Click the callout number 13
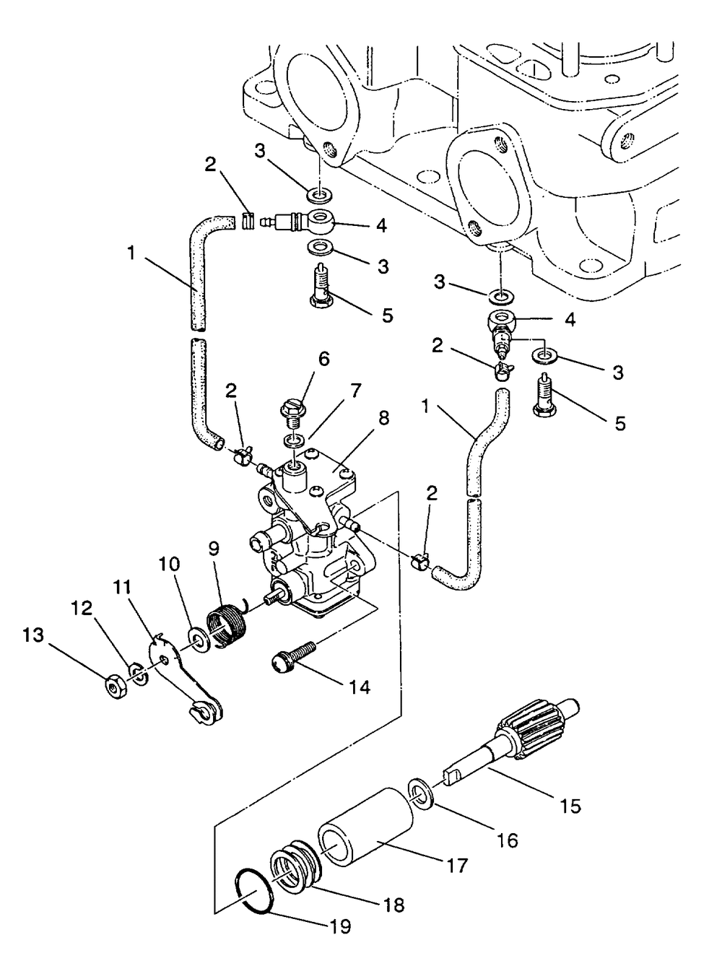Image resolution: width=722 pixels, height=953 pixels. (33, 635)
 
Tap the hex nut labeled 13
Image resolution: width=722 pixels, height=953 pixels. (116, 686)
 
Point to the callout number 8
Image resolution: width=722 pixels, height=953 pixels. (383, 419)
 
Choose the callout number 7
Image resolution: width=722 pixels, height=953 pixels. (355, 391)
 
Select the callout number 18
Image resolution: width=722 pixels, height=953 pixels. (393, 905)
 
